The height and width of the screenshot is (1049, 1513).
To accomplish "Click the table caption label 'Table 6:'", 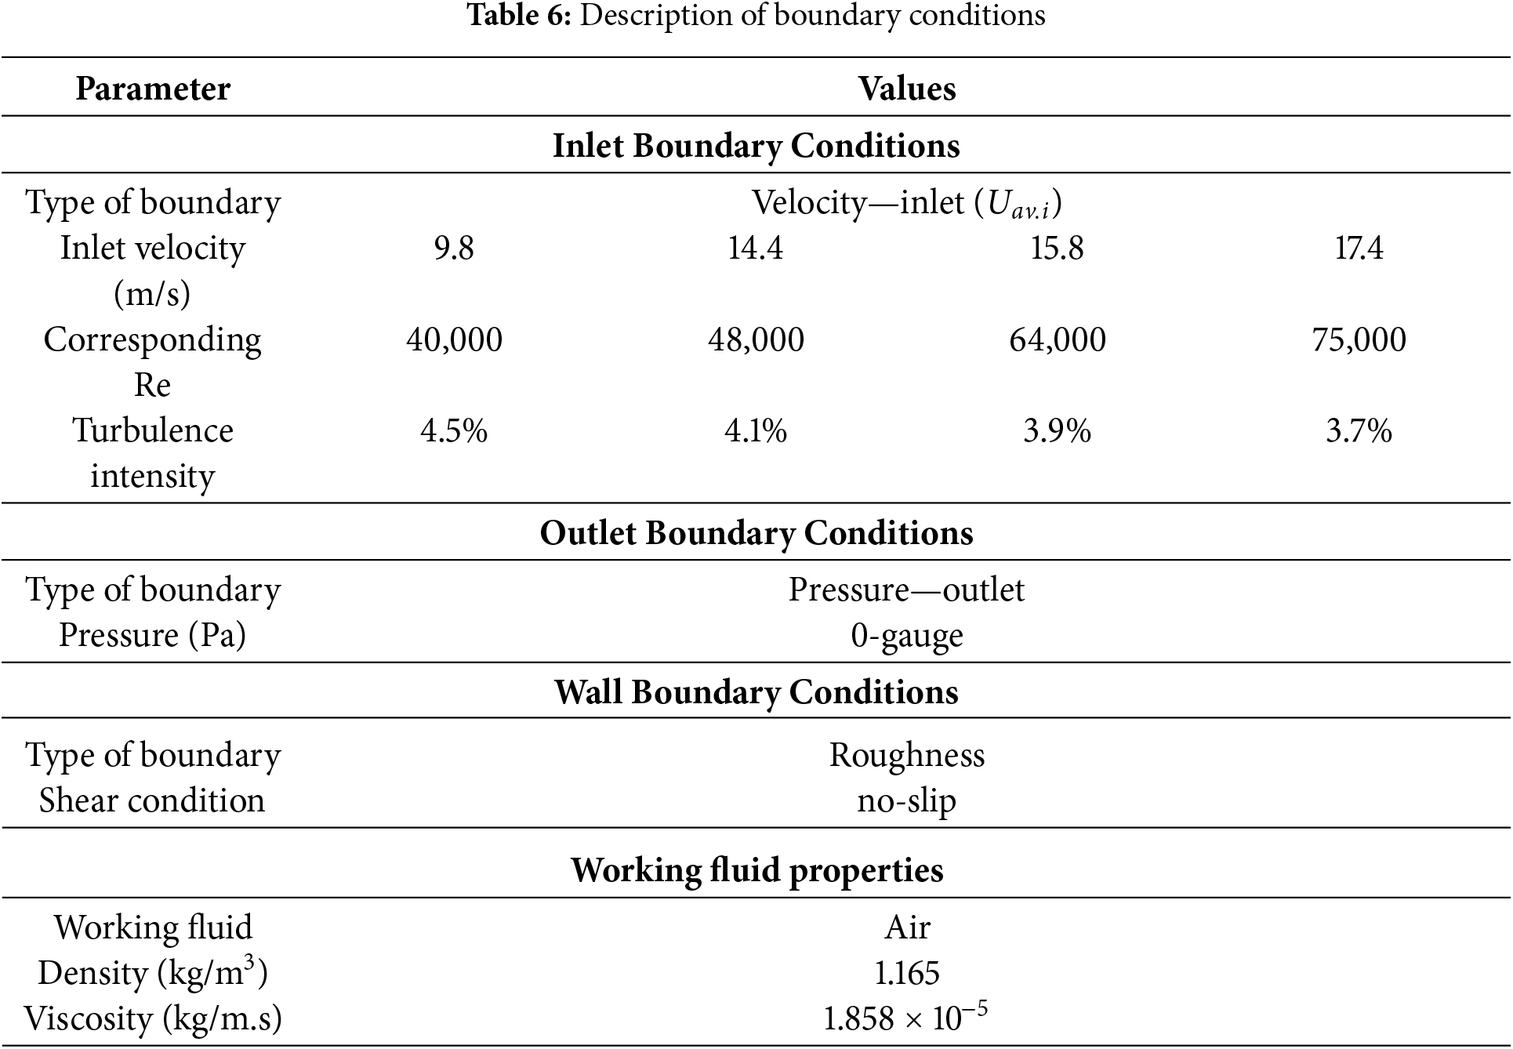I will (x=520, y=15).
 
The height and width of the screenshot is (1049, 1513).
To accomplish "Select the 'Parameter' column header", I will (x=153, y=89).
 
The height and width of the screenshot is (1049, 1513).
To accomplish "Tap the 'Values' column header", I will (x=907, y=89).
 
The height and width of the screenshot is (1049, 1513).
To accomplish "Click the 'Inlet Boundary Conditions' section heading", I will (x=756, y=146).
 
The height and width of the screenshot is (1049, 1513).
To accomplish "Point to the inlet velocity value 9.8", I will (x=454, y=249).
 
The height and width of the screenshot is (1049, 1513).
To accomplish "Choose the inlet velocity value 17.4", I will (x=1359, y=249).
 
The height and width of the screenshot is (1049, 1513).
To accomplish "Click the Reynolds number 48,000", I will (x=756, y=339).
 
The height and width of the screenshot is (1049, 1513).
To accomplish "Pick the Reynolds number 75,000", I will (x=1359, y=339).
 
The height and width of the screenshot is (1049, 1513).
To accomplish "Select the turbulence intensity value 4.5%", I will (x=454, y=430).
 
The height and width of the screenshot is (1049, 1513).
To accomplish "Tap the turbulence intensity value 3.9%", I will (x=1057, y=430).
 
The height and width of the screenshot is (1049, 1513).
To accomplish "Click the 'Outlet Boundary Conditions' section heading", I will (x=756, y=533).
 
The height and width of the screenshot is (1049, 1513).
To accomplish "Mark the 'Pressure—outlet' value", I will (x=906, y=590).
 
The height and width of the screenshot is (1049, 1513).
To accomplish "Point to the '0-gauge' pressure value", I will (x=907, y=636).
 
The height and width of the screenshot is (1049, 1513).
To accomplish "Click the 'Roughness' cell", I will (x=907, y=755).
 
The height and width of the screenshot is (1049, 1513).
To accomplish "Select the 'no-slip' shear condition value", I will (x=907, y=800).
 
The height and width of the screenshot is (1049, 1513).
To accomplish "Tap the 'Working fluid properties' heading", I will (x=756, y=870).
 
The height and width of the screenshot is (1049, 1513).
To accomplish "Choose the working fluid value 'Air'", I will (x=907, y=927).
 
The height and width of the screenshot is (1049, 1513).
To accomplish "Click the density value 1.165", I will (x=907, y=973).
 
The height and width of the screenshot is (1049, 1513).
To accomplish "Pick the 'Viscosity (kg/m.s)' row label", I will (x=153, y=1018).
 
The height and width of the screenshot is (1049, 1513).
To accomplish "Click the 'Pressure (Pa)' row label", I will (x=153, y=636).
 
